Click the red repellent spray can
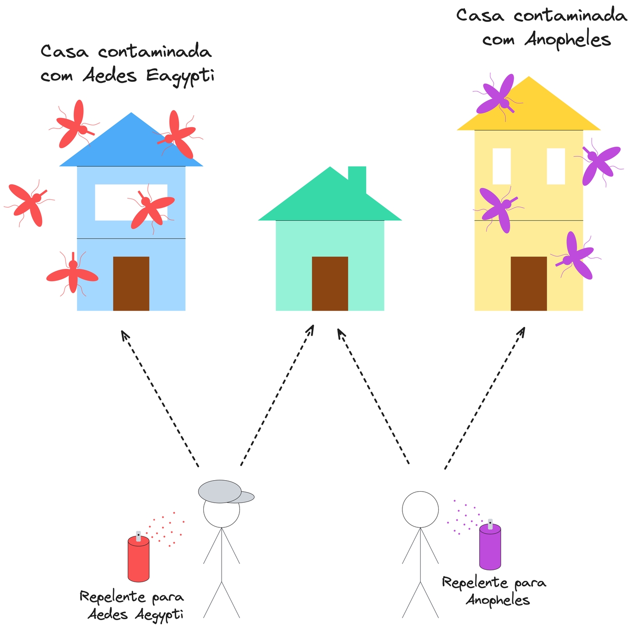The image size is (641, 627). (138, 559)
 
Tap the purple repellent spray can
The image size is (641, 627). (490, 547)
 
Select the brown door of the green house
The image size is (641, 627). (330, 284)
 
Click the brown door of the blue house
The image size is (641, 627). (131, 284)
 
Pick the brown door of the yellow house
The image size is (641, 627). (528, 284)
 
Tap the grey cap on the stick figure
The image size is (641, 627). (222, 492)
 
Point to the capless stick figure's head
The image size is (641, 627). (420, 509)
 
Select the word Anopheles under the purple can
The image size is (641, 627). (498, 600)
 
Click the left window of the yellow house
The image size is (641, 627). (501, 166)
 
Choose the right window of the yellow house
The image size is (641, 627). (556, 166)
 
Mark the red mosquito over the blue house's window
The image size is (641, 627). (150, 207)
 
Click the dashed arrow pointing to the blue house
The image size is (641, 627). (160, 398)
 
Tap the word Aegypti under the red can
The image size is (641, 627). (159, 615)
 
